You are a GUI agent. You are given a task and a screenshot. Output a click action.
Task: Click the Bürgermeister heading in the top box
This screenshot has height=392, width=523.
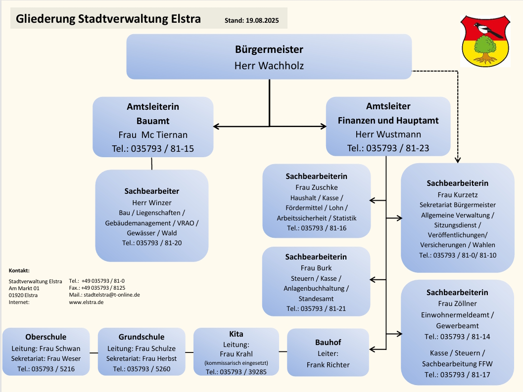click(x=269, y=49)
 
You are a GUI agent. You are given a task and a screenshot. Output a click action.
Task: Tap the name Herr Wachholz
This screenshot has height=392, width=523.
click(x=269, y=65)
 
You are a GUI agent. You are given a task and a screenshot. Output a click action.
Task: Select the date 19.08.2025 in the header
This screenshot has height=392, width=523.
click(x=262, y=21)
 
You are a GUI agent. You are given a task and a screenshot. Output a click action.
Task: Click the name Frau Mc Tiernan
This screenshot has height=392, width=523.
click(x=153, y=135)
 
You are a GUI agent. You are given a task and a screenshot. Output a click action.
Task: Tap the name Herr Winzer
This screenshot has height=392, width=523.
click(x=151, y=203)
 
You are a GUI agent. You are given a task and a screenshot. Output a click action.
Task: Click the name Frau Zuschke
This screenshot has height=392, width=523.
click(x=316, y=187)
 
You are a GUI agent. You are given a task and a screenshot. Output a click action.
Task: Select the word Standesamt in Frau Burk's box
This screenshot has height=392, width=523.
click(x=316, y=299)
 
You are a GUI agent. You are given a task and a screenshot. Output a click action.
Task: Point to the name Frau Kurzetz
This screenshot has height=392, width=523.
click(x=457, y=195)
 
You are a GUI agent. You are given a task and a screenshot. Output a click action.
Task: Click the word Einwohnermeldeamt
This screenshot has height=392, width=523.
click(x=457, y=315)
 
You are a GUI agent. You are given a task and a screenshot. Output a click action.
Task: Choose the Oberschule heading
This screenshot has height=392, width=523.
click(x=46, y=337)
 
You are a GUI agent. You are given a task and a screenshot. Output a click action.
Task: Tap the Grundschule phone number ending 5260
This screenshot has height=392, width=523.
click(x=142, y=369)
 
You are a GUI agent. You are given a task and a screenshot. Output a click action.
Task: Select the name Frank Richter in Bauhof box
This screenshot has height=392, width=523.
click(x=328, y=365)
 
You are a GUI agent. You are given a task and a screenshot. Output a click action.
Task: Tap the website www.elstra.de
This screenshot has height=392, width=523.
click(x=86, y=302)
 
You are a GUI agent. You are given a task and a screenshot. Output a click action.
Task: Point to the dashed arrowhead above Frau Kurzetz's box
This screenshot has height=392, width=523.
click(x=457, y=159)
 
